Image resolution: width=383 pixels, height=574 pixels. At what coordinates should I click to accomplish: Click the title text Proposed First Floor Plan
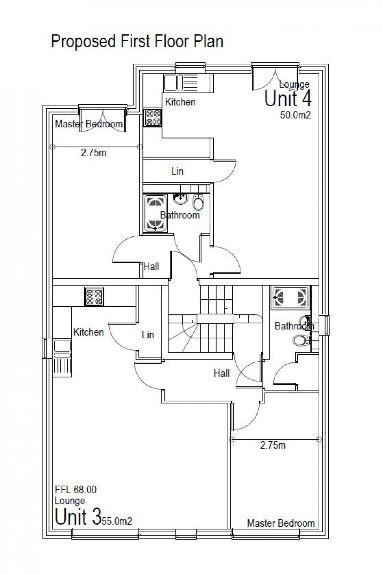click(137, 41)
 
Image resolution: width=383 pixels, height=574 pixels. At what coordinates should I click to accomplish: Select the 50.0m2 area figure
click(295, 115)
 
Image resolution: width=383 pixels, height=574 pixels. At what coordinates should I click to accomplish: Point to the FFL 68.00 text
click(76, 490)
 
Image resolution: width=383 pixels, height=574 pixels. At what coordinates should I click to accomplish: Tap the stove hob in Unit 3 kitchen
click(94, 297)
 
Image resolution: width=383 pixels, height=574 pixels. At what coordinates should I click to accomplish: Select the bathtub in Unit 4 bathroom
click(154, 214)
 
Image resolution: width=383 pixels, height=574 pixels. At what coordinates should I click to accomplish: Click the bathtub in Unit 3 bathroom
click(290, 298)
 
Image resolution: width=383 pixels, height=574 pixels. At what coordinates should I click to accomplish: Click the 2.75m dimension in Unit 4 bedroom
click(93, 153)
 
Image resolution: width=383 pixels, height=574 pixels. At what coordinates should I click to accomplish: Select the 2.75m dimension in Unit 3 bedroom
click(273, 445)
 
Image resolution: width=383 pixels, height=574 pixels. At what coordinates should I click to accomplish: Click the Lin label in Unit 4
click(177, 171)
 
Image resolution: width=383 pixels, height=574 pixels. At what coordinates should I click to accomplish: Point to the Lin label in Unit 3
click(148, 335)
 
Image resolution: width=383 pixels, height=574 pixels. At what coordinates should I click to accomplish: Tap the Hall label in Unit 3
click(221, 374)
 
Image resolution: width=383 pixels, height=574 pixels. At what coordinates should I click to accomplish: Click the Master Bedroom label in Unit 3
click(281, 523)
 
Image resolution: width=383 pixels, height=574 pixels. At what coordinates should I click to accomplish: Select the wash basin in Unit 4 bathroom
click(180, 199)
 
